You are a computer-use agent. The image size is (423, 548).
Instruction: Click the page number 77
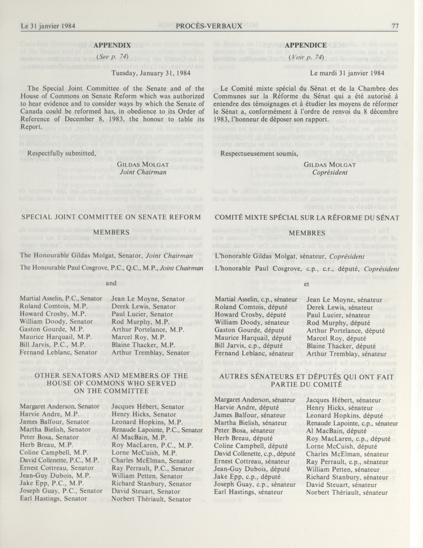tap(395, 26)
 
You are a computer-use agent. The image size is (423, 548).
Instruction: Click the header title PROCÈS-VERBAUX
tap(209, 26)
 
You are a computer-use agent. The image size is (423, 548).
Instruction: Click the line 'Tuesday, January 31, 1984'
tap(151, 73)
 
